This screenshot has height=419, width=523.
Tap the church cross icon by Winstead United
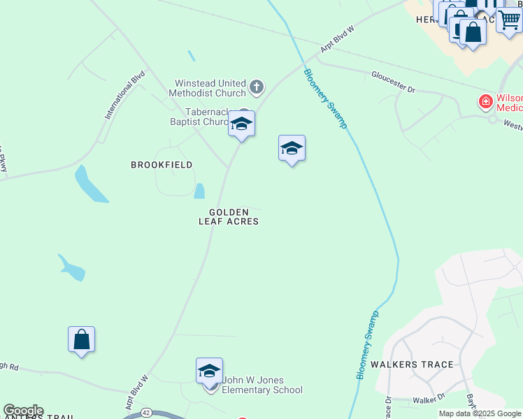coord(257,87)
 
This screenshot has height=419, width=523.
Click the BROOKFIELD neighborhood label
coord(162,165)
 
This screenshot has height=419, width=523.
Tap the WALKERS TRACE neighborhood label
coord(412,365)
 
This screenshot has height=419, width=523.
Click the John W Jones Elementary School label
coord(261,385)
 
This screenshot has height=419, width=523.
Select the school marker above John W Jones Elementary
coord(209,371)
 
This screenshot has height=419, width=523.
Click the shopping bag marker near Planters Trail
coord(81,339)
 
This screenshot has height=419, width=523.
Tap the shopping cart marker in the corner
coord(510,23)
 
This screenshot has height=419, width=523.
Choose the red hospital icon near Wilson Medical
coord(485,103)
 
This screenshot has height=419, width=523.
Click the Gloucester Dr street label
coord(393,81)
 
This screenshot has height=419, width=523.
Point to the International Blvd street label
coord(125,94)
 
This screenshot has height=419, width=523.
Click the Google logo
coord(23,411)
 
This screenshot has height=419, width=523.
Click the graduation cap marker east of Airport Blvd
coord(292,148)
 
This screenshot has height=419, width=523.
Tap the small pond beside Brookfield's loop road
coord(199,191)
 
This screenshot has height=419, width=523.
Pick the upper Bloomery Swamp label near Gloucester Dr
coord(325,98)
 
